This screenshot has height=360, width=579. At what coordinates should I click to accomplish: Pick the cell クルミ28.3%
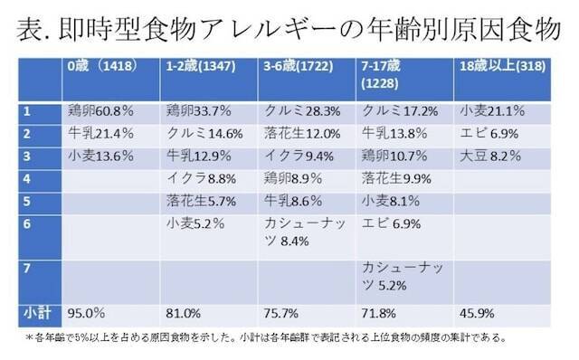296,113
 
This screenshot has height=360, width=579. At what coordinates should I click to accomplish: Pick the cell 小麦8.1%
389,200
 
